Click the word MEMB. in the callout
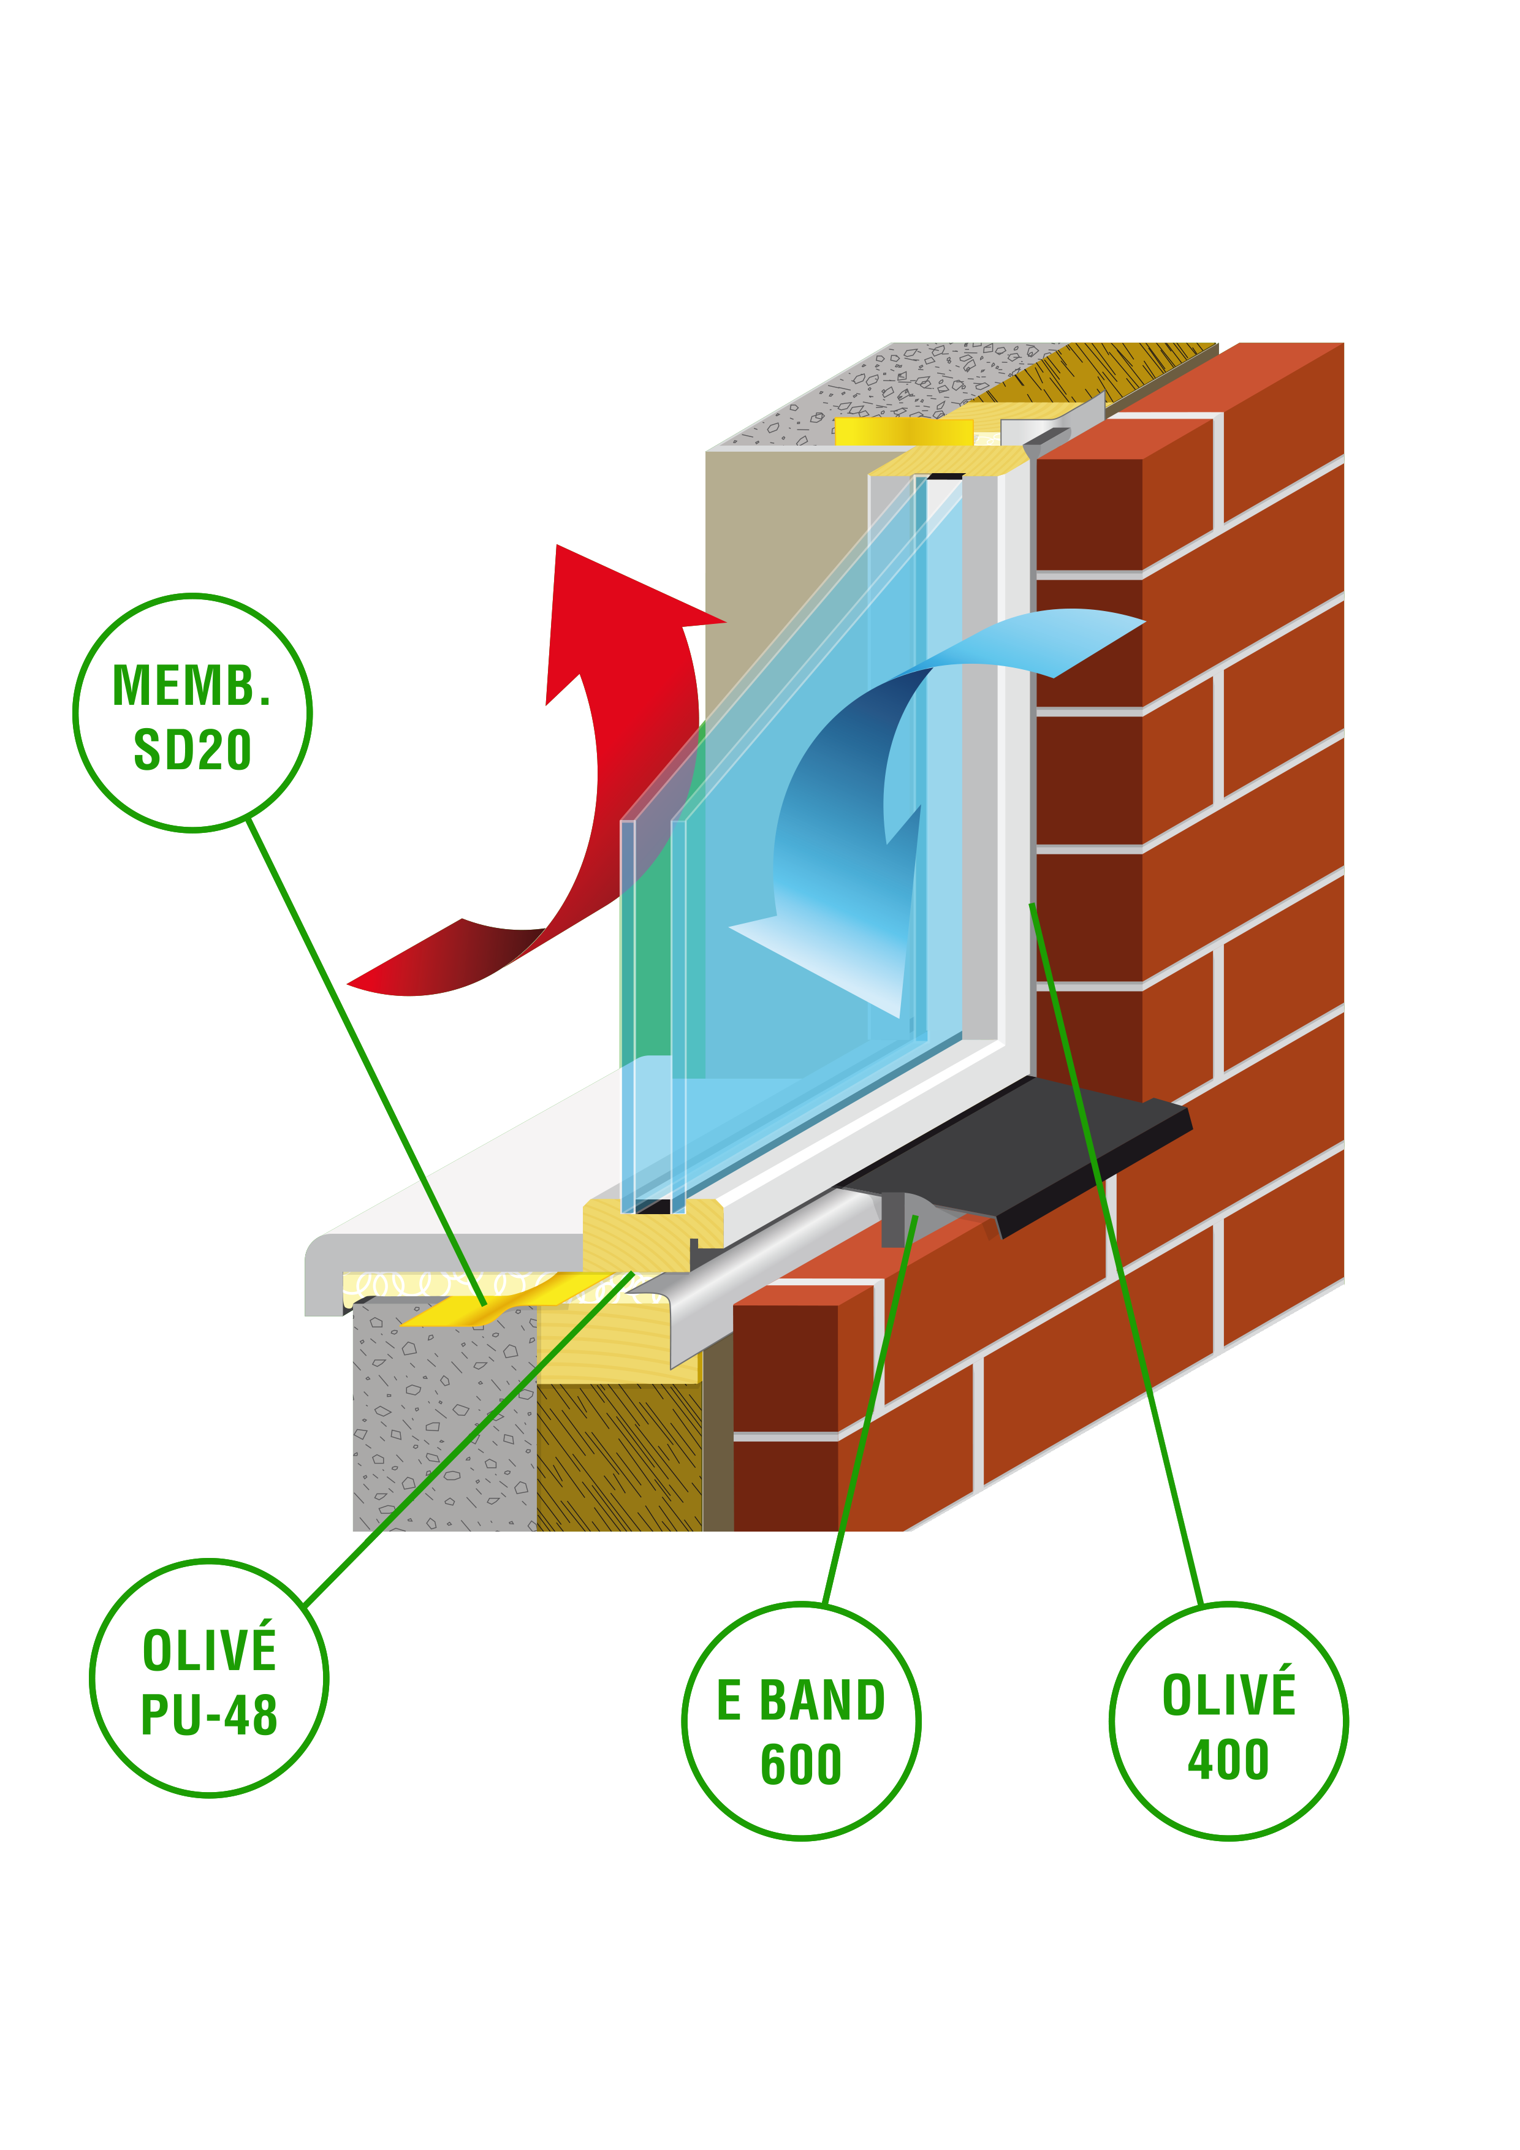click(191, 686)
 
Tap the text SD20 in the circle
click(193, 751)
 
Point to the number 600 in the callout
click(800, 1764)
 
